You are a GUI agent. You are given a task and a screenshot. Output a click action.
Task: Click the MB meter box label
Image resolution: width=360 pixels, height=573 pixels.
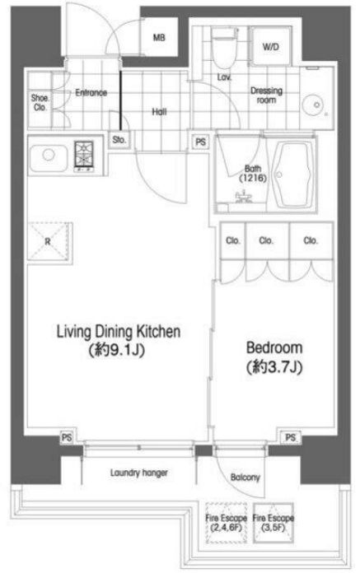tap(159, 37)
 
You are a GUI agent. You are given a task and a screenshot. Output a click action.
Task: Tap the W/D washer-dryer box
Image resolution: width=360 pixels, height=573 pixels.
tap(271, 46)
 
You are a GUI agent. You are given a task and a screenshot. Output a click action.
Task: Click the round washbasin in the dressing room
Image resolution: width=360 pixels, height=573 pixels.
tap(315, 105)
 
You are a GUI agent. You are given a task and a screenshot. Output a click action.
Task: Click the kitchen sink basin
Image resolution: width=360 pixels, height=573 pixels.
tap(49, 158)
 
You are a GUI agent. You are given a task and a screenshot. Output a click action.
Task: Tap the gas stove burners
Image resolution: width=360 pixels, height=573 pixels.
tap(84, 156)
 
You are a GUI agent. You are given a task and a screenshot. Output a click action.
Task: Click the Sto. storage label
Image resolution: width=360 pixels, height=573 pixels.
tap(119, 140)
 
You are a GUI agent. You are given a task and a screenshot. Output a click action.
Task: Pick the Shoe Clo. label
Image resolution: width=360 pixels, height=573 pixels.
tap(40, 103)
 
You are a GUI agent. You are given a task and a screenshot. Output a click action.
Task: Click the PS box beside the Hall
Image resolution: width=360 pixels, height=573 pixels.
tap(201, 142)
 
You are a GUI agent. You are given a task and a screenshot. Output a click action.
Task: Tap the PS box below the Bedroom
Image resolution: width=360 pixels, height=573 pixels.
tap(291, 437)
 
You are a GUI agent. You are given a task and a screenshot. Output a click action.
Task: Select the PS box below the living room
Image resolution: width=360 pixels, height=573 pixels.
tap(67, 437)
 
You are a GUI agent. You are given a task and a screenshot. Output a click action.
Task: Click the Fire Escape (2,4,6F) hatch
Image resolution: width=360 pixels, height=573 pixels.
tap(227, 523)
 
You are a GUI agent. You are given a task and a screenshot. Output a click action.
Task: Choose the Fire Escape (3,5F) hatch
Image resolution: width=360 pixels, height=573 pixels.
tap(273, 523)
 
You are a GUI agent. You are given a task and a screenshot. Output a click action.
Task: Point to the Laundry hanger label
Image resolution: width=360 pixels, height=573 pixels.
tap(139, 473)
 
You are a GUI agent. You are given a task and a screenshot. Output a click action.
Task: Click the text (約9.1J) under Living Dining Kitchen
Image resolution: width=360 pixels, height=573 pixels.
tap(117, 351)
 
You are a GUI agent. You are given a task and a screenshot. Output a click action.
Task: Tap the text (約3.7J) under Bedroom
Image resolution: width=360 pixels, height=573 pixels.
tap(274, 367)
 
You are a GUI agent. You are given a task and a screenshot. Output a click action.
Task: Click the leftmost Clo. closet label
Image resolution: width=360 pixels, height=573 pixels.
tap(233, 240)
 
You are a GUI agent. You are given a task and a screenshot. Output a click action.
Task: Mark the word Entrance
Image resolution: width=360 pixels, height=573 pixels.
tap(91, 93)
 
